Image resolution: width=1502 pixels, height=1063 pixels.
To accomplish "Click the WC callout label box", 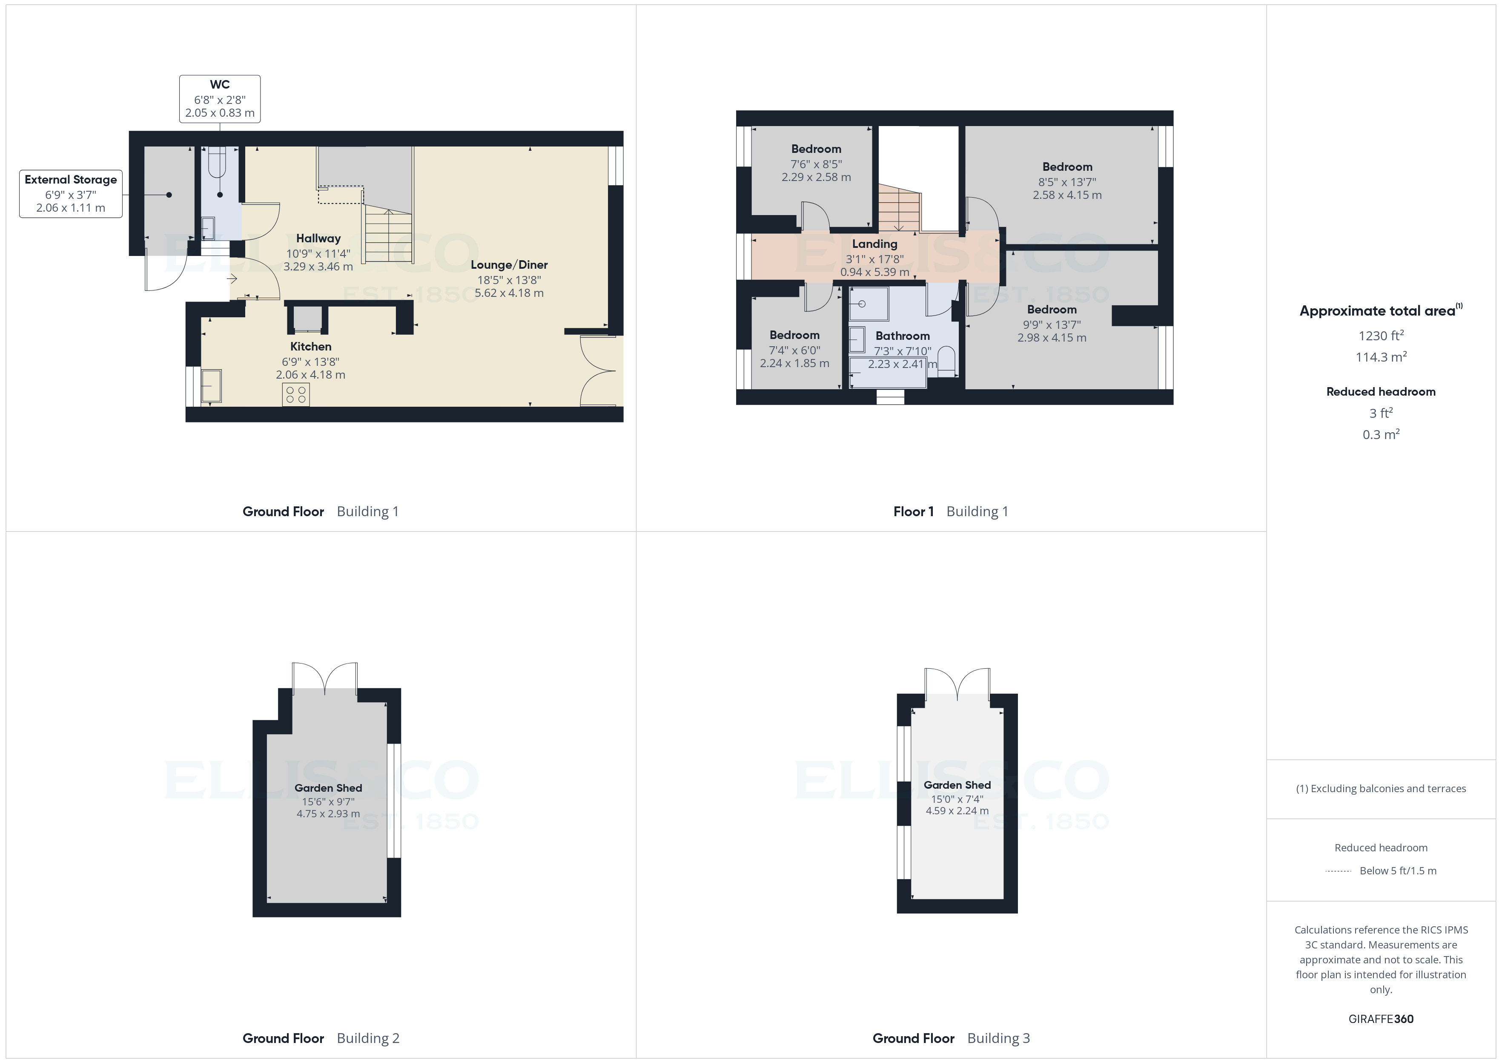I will point(220,99).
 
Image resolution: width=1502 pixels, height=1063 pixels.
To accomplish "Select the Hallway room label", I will point(318,238).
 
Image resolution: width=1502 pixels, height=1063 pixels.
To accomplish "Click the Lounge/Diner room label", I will point(509,265).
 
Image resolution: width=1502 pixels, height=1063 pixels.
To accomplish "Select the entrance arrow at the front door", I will point(232,279).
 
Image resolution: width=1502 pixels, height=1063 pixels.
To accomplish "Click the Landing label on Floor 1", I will point(874,244).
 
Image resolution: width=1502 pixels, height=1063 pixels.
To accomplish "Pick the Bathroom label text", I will point(902,336).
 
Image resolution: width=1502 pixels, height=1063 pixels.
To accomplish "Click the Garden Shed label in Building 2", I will point(328,788).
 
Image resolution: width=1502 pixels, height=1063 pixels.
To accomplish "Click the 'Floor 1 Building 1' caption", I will point(951,512).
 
